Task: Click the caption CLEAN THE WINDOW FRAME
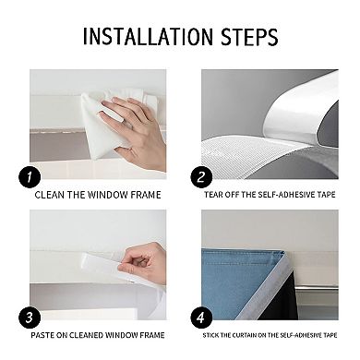[x=98, y=195]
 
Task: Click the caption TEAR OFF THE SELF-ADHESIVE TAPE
[x=271, y=196]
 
